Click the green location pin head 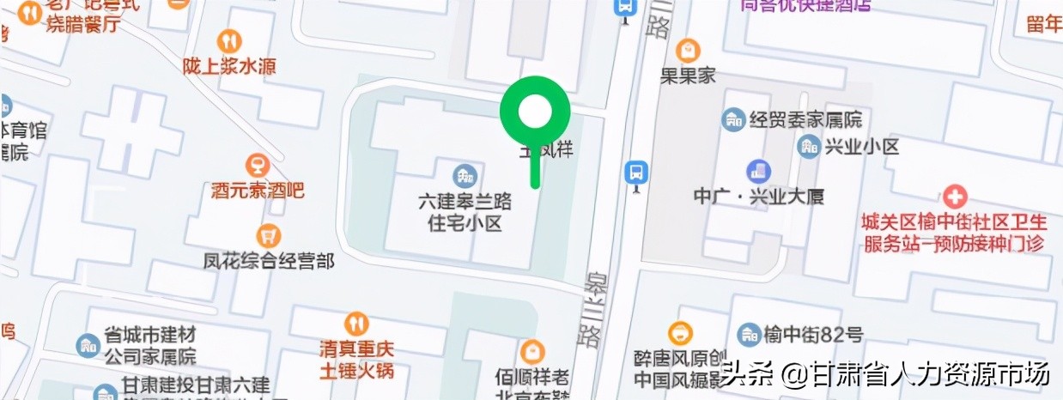coord(536,111)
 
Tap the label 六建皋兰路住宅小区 coord(465,212)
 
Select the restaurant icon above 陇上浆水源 coord(229,40)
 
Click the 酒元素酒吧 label coord(258,191)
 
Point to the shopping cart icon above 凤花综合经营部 coord(269,234)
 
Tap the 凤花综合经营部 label coord(269,259)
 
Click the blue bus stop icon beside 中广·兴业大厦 coord(635,171)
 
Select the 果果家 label coord(687,76)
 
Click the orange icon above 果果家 coord(687,50)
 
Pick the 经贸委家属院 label coord(805,119)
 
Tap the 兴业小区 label coord(861,146)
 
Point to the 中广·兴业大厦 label coord(758,196)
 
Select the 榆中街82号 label coord(812,334)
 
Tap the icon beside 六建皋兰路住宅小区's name coord(465,175)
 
